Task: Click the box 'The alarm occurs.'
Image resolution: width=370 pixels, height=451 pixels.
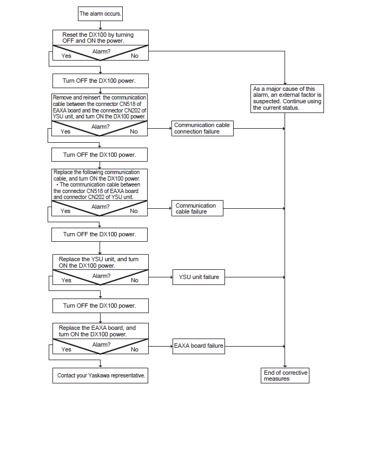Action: (x=100, y=14)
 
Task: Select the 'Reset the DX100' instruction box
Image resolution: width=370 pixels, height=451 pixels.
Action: (x=101, y=38)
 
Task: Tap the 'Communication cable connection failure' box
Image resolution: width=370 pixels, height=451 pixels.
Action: (x=202, y=128)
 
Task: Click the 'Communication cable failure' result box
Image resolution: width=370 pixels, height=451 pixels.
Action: (x=197, y=208)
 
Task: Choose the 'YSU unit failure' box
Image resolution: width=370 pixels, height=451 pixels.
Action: (x=199, y=277)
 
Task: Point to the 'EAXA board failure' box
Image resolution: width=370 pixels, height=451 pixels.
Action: (x=199, y=346)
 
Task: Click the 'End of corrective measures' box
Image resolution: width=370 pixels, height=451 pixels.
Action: (x=285, y=375)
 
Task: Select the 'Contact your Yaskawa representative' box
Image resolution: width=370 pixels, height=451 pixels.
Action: (x=101, y=375)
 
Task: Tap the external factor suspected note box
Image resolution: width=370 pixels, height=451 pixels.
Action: (x=287, y=98)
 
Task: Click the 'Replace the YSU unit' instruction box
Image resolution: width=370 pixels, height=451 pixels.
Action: (x=101, y=262)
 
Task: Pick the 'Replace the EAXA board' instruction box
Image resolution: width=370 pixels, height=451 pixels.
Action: (x=101, y=331)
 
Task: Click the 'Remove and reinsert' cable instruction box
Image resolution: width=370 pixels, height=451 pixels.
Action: (x=100, y=107)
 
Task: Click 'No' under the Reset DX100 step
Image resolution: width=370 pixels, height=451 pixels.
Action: (x=134, y=56)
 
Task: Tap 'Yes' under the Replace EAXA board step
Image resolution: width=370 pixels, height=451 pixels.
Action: (x=66, y=349)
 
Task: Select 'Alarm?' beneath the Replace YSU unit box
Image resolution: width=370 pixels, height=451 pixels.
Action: (x=101, y=276)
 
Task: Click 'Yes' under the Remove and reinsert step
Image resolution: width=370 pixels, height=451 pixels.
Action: (x=65, y=131)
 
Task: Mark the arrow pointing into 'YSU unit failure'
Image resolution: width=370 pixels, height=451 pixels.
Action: (x=161, y=277)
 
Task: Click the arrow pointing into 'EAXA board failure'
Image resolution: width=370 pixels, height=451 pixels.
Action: (x=161, y=346)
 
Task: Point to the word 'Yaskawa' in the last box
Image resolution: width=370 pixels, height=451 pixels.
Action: (x=99, y=375)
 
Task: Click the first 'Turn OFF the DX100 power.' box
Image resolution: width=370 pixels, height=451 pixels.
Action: (x=101, y=81)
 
